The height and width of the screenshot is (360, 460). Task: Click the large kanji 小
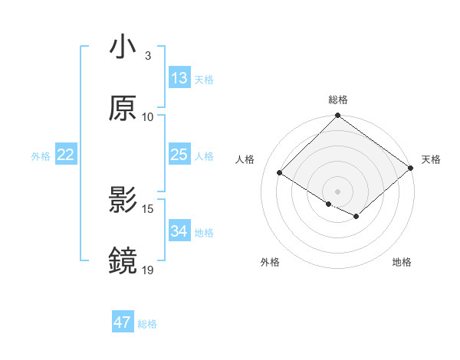tap(123, 47)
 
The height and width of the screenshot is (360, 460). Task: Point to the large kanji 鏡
tap(123, 260)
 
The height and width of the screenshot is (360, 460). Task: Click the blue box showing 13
tap(179, 78)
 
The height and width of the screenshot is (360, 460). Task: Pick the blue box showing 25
tap(179, 155)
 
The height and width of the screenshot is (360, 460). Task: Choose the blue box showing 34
tap(179, 231)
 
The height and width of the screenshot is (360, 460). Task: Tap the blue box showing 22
tap(66, 155)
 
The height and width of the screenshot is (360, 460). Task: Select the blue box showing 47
tap(123, 322)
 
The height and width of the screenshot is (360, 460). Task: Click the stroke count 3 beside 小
tap(148, 56)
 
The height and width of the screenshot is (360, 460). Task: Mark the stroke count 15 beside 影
tap(148, 208)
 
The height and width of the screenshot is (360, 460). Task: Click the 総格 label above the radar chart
tap(338, 100)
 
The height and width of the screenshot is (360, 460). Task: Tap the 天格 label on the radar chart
tap(431, 159)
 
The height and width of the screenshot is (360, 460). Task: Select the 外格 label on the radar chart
tap(270, 262)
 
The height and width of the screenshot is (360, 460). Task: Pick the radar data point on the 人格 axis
tap(280, 172)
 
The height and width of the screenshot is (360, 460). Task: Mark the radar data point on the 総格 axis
tap(337, 116)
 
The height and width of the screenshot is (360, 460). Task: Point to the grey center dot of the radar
tap(337, 191)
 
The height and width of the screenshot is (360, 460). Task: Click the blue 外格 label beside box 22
tap(41, 155)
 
